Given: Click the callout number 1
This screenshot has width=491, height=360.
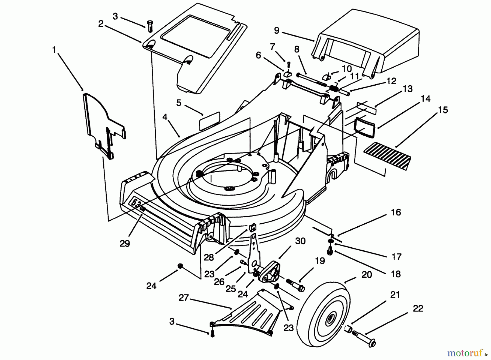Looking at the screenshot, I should click(x=54, y=50).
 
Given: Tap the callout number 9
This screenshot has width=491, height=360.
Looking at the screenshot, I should click(x=276, y=31).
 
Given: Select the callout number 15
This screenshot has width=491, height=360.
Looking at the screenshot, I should click(x=443, y=110).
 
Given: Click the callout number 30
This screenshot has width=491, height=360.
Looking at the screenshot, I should click(x=300, y=241).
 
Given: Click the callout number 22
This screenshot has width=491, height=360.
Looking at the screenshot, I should click(x=418, y=308).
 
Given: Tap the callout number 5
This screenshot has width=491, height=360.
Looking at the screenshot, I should click(x=179, y=103).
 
